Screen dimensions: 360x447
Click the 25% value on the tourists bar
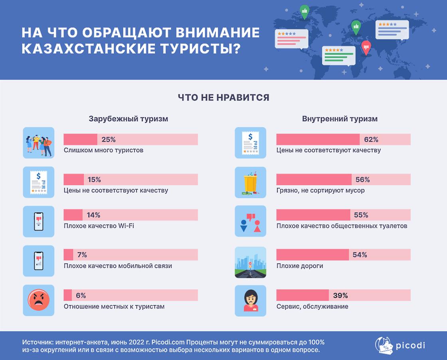coord(109,140)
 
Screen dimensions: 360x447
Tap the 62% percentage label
coord(371,140)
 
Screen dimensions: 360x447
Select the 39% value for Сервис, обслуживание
coord(340,296)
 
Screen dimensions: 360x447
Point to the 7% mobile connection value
coord(82,255)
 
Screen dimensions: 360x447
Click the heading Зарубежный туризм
coord(128,119)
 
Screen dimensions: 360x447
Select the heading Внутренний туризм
coord(340,119)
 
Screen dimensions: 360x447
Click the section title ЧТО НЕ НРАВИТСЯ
coord(223,97)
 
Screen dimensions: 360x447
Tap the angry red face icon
coord(39,300)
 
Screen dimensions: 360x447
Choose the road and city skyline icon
coord(251,262)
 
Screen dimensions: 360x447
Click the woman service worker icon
coord(251,300)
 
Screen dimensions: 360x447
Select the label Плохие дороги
coord(300,266)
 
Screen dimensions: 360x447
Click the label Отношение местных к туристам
coord(114,307)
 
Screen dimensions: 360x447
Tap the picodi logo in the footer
coord(400,345)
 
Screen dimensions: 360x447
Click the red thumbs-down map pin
coord(366,48)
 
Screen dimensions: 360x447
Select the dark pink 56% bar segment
coord(314,179)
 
